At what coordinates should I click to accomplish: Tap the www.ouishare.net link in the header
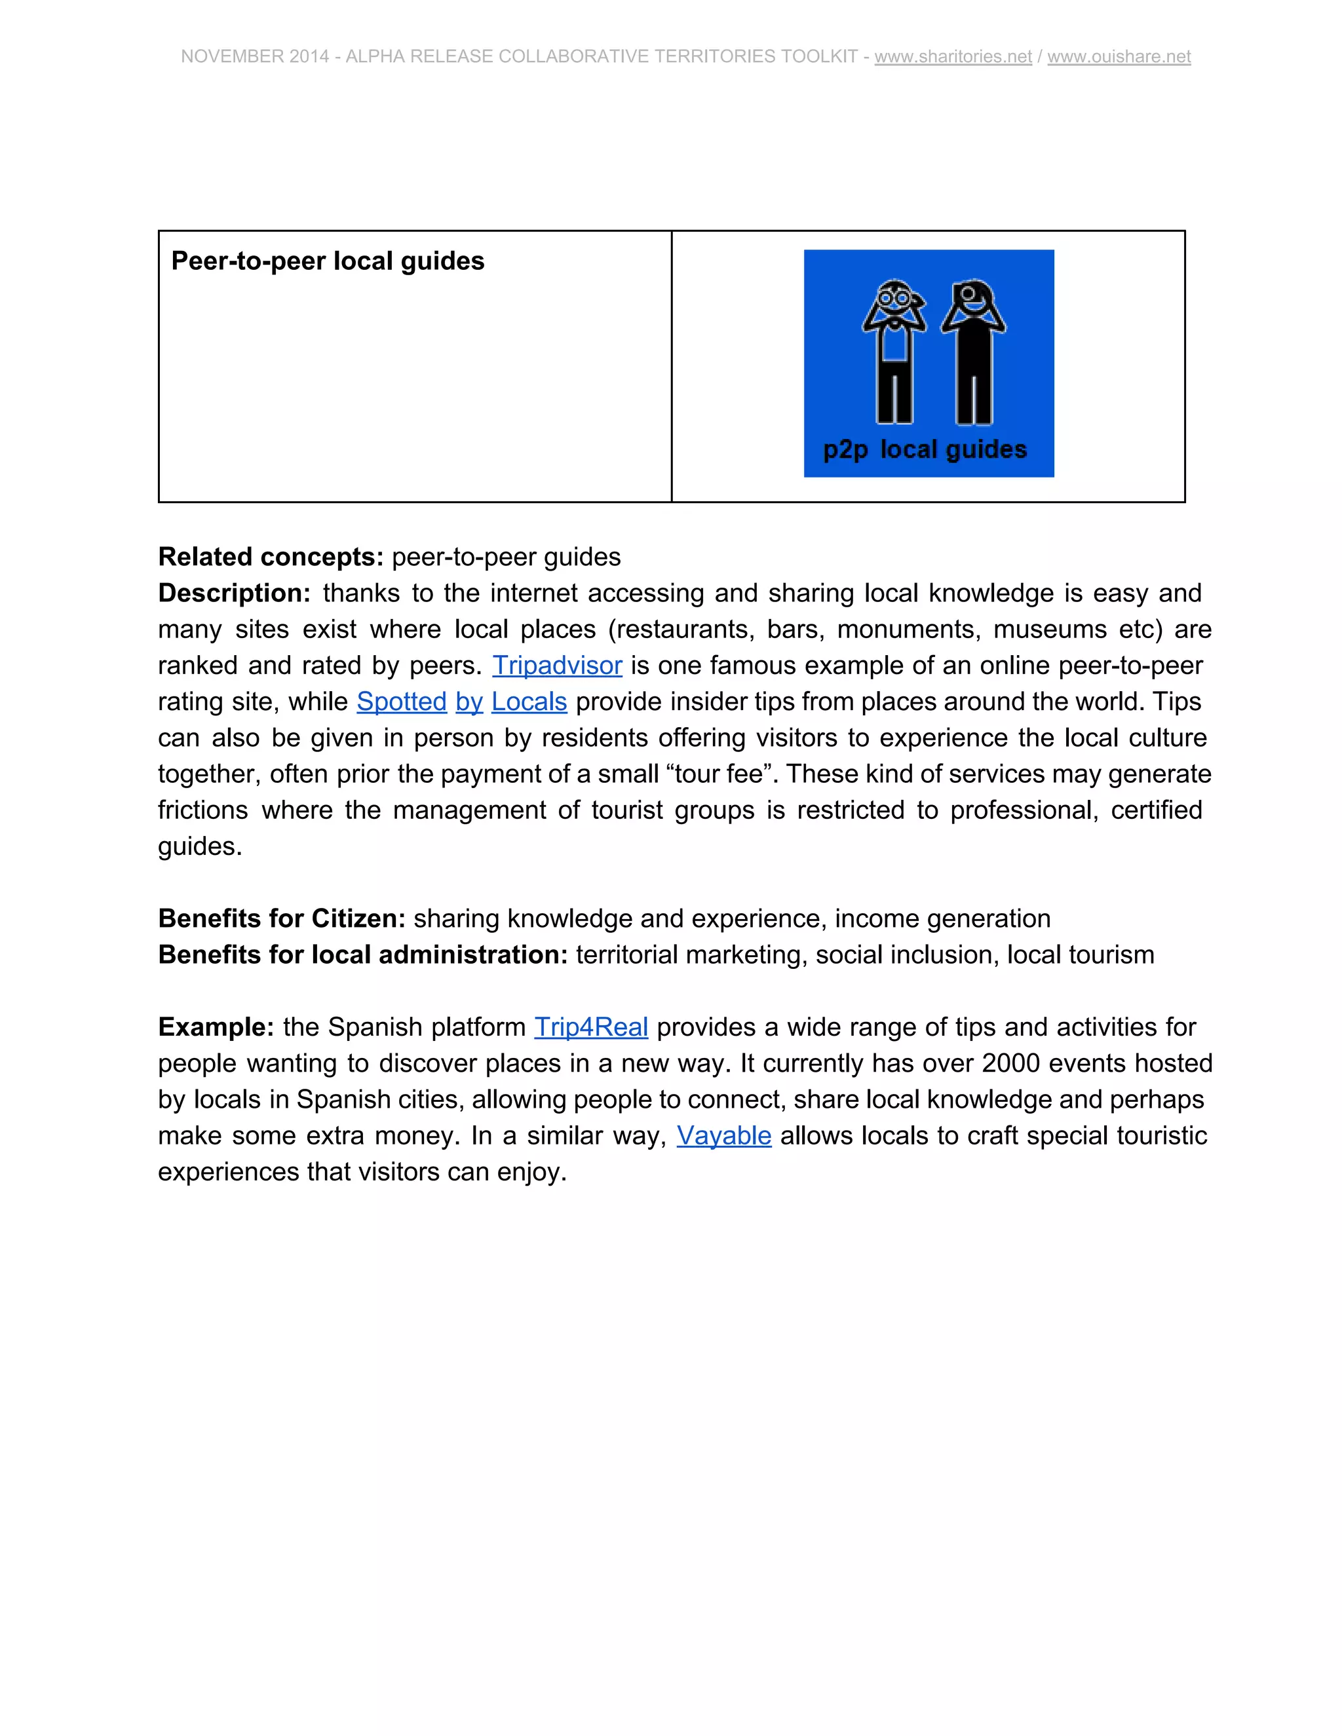pyautogui.click(x=1119, y=56)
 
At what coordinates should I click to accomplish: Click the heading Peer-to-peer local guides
pyautogui.click(x=328, y=261)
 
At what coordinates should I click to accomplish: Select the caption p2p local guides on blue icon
pyautogui.click(x=925, y=449)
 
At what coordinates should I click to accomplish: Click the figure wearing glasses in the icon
pyautogui.click(x=895, y=350)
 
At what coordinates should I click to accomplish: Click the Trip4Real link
pyautogui.click(x=590, y=1027)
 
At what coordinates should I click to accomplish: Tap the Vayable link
pyautogui.click(x=723, y=1135)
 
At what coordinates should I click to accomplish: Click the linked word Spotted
pyautogui.click(x=402, y=701)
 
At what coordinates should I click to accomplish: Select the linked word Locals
pyautogui.click(x=529, y=701)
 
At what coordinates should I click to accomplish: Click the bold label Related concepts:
pyautogui.click(x=271, y=556)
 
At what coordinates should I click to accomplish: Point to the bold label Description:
pyautogui.click(x=235, y=593)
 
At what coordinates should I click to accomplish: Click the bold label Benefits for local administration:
pyautogui.click(x=362, y=954)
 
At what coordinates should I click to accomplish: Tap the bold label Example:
pyautogui.click(x=216, y=1027)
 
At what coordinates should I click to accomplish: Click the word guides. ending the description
pyautogui.click(x=200, y=846)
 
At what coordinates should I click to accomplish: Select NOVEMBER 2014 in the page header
pyautogui.click(x=254, y=56)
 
